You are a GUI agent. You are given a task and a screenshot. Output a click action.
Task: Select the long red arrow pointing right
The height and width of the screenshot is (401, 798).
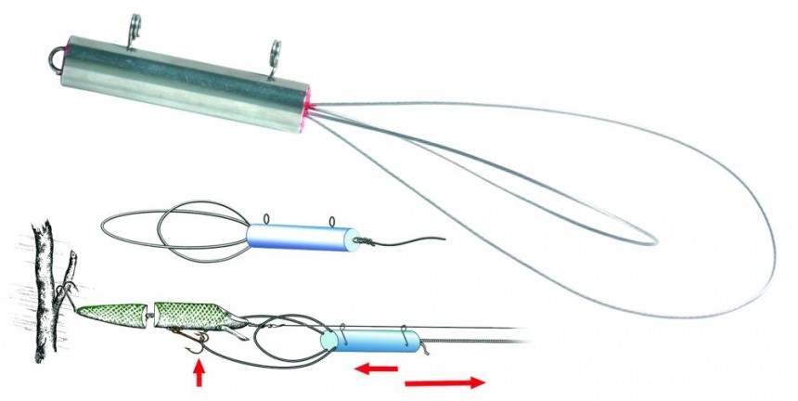(444, 381)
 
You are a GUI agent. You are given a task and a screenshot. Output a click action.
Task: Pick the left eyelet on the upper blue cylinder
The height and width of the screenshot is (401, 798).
(267, 221)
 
